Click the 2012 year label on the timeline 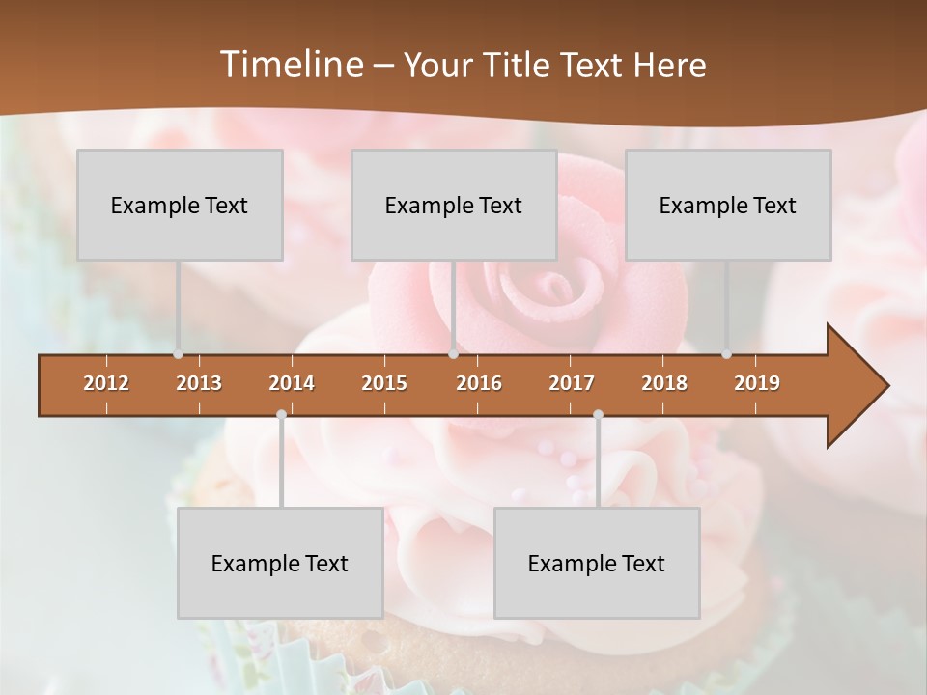106,383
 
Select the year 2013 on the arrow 199,383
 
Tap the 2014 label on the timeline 292,383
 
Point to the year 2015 384,383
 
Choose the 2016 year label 479,383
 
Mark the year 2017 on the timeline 572,383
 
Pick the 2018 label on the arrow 664,383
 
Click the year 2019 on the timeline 757,383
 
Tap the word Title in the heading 519,65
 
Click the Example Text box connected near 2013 180,205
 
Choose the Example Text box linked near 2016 454,205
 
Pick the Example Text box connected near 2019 728,205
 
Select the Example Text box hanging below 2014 280,563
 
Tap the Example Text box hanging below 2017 597,563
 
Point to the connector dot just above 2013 178,354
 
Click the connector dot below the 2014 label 281,415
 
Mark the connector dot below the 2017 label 598,415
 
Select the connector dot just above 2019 726,354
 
